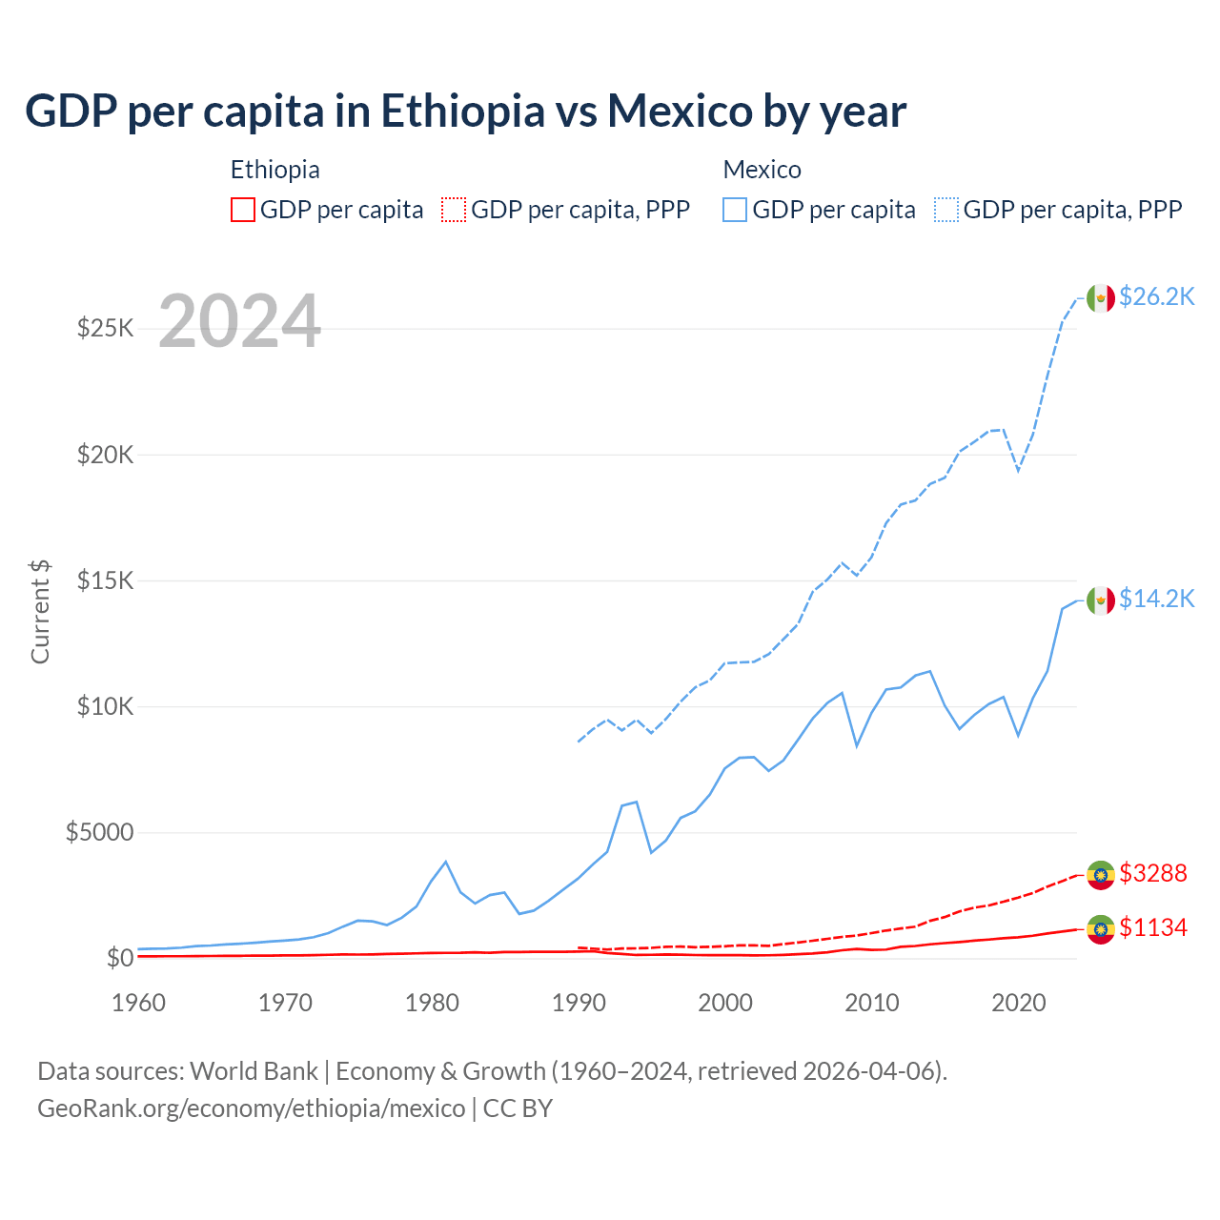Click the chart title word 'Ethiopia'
coord(462,112)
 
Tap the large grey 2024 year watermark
coord(239,321)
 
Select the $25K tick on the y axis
coord(105,329)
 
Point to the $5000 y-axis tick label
coord(99,832)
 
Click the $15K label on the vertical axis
coord(105,580)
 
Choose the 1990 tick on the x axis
coord(579,1003)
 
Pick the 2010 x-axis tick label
coord(872,1003)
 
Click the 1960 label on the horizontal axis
coord(138,1003)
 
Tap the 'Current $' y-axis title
coord(40,612)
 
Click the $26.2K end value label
coord(1156,296)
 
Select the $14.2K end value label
coord(1156,599)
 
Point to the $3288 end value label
coord(1153,873)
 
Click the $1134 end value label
coord(1153,927)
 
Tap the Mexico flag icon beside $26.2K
coord(1101,298)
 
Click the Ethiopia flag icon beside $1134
coord(1101,929)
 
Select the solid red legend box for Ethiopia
coord(243,210)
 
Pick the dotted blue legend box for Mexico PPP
coord(946,210)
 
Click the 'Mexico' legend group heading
coord(762,170)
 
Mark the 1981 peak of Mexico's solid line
coord(445,862)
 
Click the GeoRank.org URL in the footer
coord(251,1108)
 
